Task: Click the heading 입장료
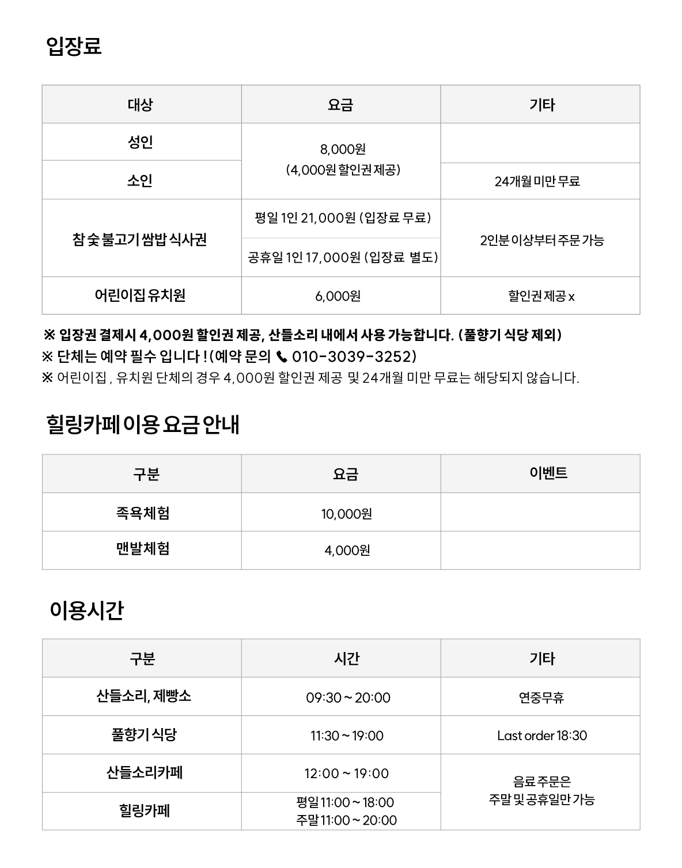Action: (74, 46)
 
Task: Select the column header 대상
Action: (140, 105)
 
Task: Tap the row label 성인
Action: (140, 142)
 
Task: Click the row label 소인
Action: (140, 180)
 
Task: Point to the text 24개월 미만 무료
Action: (537, 181)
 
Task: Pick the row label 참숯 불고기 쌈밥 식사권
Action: (140, 239)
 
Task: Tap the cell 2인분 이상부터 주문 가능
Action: (541, 240)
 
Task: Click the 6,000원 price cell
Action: (338, 296)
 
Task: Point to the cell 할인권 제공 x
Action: (541, 296)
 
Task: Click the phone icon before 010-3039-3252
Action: (282, 357)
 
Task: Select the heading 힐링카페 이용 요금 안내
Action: (142, 425)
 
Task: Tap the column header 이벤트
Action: (548, 473)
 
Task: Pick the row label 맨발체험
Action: (142, 548)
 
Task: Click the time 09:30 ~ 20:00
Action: (348, 698)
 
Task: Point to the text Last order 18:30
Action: (541, 736)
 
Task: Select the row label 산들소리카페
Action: (144, 772)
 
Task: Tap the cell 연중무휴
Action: (541, 698)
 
